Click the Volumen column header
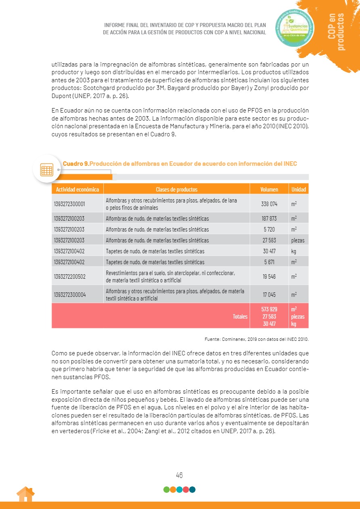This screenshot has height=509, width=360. [269, 189]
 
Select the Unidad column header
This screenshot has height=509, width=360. [299, 189]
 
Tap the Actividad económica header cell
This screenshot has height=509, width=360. [77, 189]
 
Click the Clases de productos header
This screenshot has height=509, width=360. [176, 189]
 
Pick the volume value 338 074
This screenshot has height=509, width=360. [269, 204]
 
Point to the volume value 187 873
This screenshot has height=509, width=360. [269, 219]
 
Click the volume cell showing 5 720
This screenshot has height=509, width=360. [269, 229]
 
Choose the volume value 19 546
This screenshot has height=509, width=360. [269, 276]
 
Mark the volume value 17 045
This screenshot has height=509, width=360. [269, 294]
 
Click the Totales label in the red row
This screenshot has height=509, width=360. [240, 316]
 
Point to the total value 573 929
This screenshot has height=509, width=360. [269, 309]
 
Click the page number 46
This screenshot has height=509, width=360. [180, 475]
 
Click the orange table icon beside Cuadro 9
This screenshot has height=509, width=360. [47, 169]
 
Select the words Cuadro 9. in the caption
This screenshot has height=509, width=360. [75, 163]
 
